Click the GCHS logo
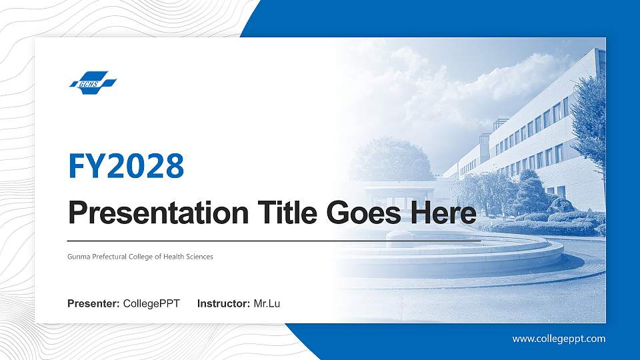tap(93, 83)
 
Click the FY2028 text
tap(126, 165)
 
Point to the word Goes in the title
tap(359, 213)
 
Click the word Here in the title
tap(442, 213)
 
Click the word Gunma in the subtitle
tap(78, 257)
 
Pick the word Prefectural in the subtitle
tap(109, 257)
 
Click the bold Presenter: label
tap(94, 304)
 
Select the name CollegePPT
tap(151, 304)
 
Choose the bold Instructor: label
tap(224, 304)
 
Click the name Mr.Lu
tap(267, 304)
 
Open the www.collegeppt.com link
tap(559, 339)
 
